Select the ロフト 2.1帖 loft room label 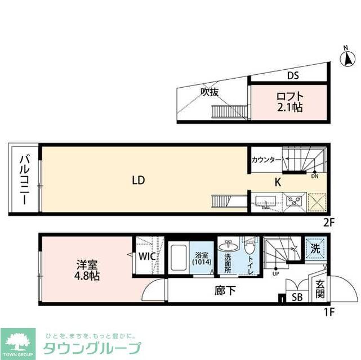(x=289, y=101)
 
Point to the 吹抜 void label (x=210, y=92)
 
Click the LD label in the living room (x=139, y=180)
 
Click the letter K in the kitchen (x=278, y=182)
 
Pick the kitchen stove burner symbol (x=294, y=201)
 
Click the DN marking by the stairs (x=315, y=175)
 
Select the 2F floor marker (x=329, y=222)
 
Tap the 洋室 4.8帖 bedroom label (x=88, y=269)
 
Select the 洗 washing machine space (x=315, y=247)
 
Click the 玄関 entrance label (x=319, y=290)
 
